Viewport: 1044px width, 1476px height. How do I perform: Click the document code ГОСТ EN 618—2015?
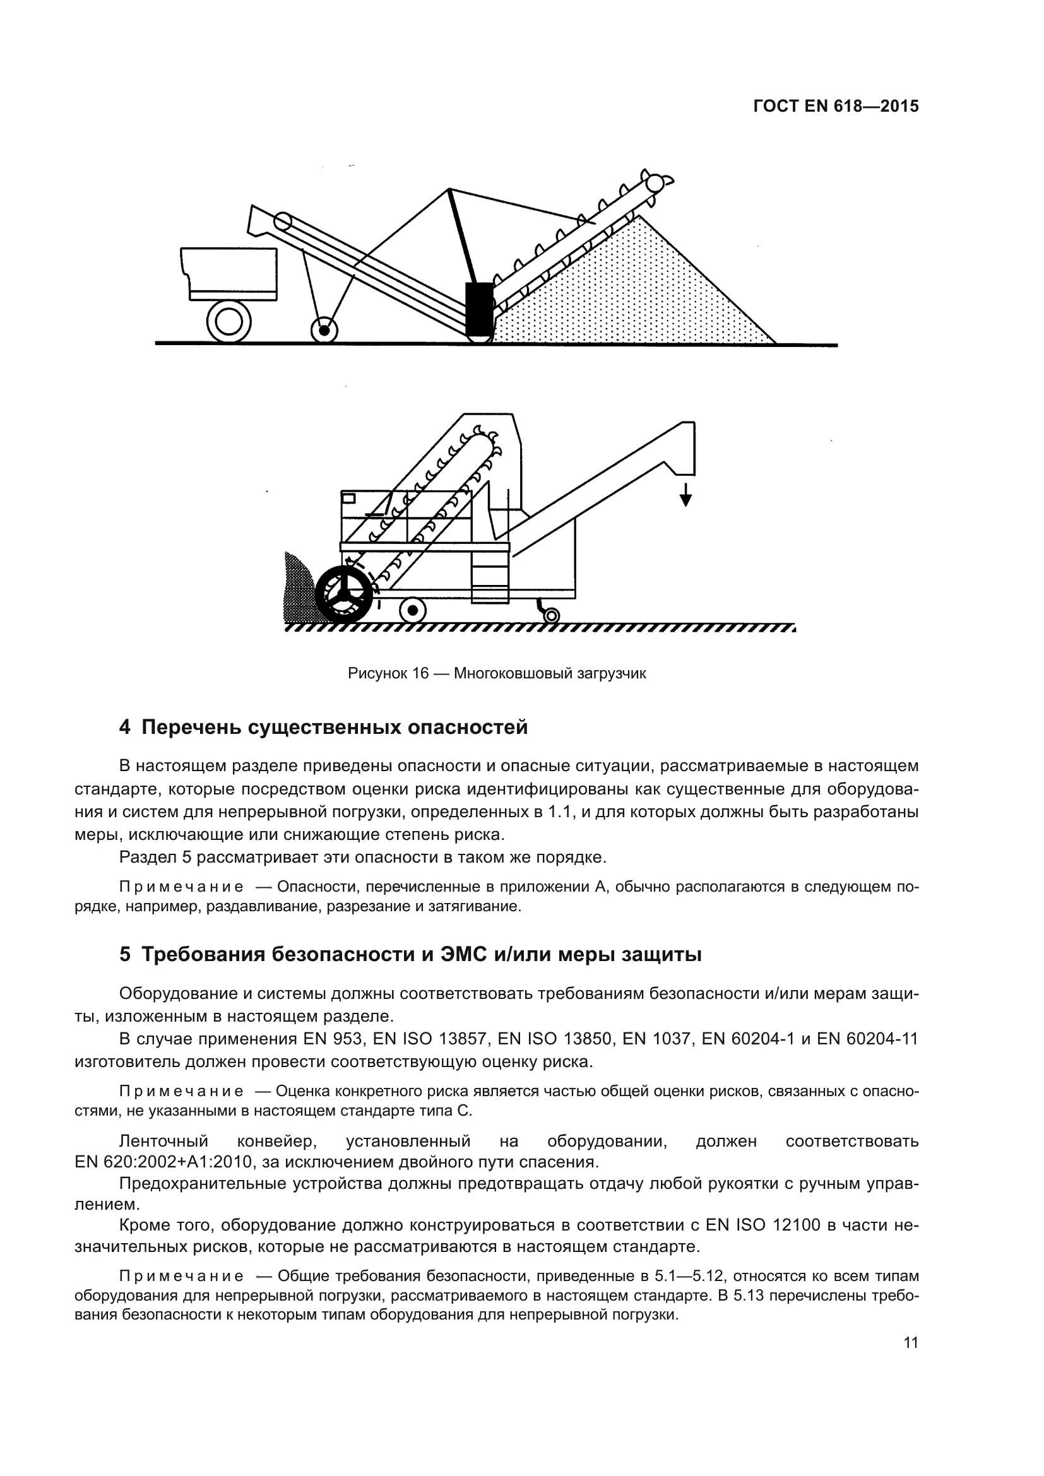coord(835,107)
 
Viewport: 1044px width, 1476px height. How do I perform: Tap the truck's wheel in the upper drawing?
coord(229,322)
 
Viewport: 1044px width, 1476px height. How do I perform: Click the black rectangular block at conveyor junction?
coord(479,309)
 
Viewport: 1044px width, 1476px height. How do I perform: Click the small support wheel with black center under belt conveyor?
coord(324,331)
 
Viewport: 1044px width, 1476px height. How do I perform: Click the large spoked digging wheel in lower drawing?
coord(345,593)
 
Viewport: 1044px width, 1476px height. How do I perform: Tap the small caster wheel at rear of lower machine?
coord(551,616)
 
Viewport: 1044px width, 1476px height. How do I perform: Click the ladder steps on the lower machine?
coord(490,576)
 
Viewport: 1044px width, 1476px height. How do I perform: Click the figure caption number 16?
coord(420,674)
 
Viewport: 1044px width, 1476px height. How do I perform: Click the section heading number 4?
coord(125,728)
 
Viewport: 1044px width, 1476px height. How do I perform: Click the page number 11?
coord(910,1342)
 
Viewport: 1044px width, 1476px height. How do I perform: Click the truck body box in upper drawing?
coord(230,273)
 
